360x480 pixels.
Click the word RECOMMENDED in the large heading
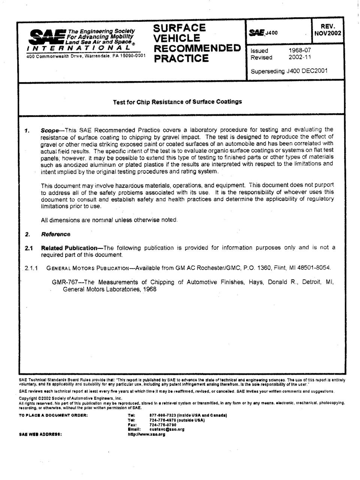click(197, 48)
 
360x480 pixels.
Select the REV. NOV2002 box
click(327, 30)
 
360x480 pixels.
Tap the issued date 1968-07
click(299, 50)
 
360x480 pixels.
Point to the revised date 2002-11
click(299, 57)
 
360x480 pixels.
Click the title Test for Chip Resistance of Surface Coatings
click(178, 101)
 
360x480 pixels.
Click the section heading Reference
click(55, 234)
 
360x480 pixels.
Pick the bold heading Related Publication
click(69, 248)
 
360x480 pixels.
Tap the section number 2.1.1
click(32, 268)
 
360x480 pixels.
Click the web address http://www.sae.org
click(146, 434)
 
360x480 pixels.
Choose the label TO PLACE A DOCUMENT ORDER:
click(53, 415)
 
